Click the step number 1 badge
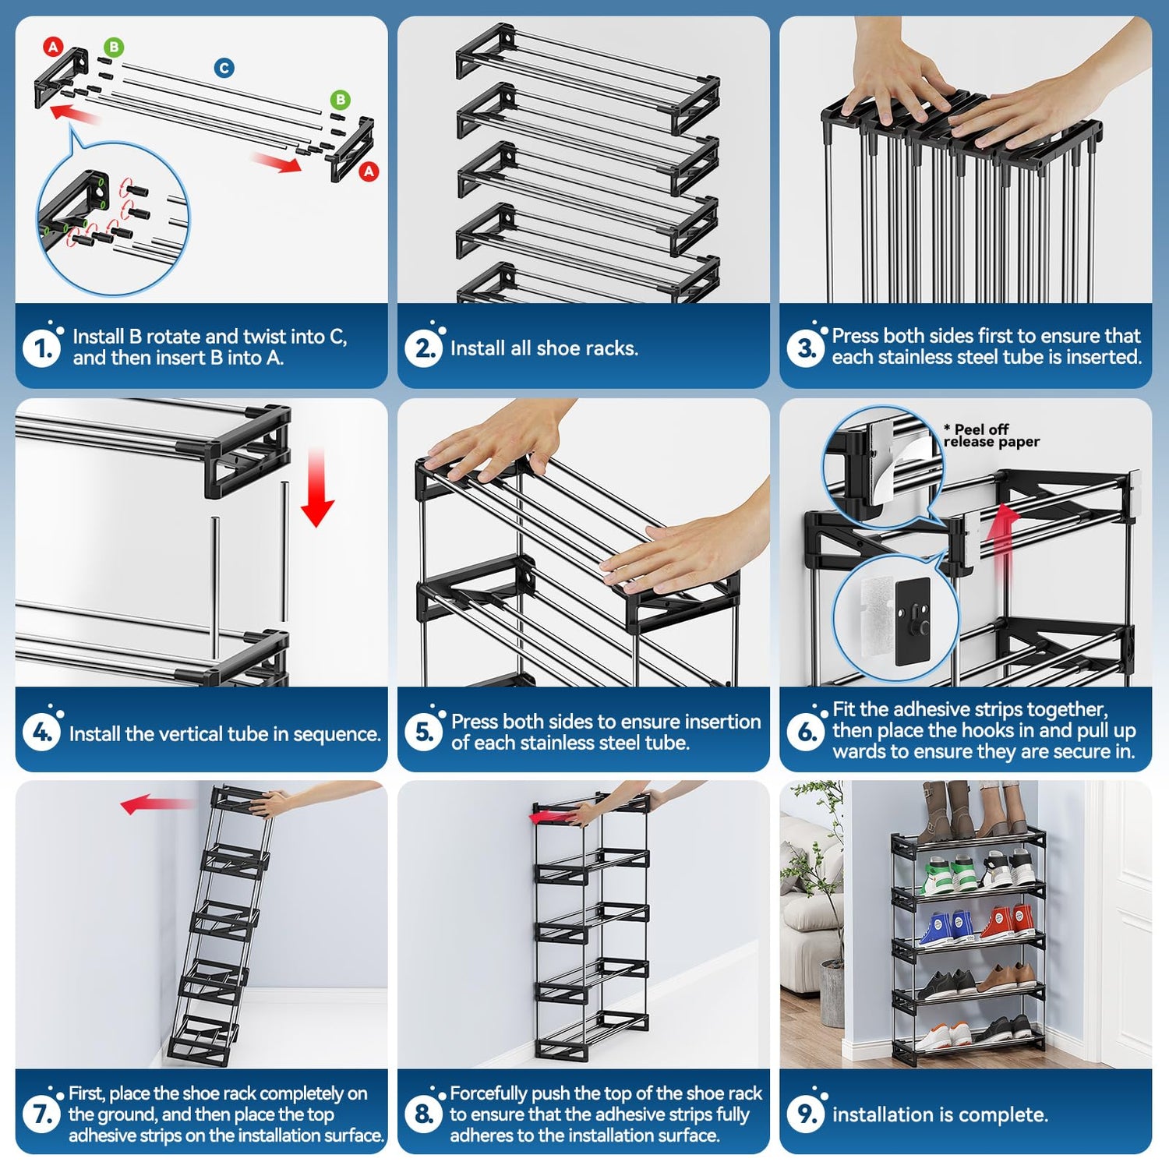41,348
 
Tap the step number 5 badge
423,733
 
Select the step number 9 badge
806,1114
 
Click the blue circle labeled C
224,68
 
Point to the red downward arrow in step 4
317,487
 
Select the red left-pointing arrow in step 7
156,804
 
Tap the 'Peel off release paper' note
991,436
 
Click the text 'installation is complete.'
940,1115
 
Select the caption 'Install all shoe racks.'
544,348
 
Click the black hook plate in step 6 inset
913,622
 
